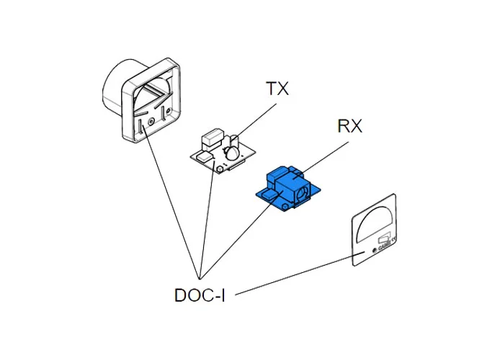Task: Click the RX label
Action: point(349,127)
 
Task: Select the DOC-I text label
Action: point(200,295)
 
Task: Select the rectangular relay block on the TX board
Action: point(212,137)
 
